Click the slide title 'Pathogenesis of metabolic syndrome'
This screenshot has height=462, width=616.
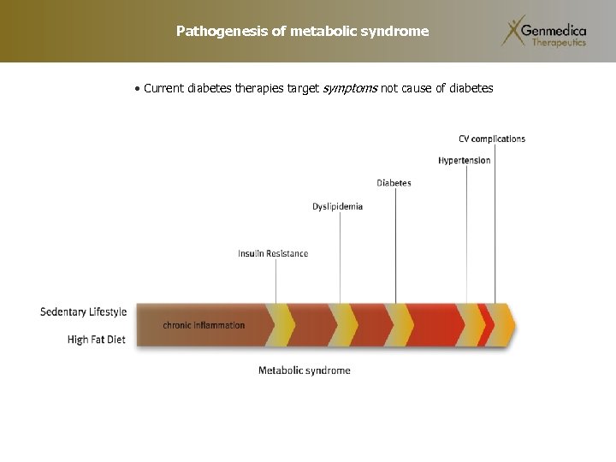click(302, 32)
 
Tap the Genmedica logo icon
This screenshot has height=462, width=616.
click(514, 31)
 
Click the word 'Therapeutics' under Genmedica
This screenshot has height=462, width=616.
click(559, 42)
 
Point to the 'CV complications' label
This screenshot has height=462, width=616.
click(492, 139)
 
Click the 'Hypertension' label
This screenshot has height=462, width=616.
click(465, 160)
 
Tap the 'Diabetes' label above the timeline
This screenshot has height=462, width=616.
click(394, 183)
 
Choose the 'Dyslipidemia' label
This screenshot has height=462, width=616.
click(337, 206)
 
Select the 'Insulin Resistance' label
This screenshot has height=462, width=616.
click(273, 253)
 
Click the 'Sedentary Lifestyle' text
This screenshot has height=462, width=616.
click(83, 311)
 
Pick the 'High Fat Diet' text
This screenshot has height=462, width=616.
click(96, 340)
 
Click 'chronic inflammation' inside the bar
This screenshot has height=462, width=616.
click(204, 325)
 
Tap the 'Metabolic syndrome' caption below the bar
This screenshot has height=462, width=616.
click(305, 370)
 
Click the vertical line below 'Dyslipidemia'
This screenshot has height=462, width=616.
click(340, 257)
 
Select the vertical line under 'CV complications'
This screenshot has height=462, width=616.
click(495, 222)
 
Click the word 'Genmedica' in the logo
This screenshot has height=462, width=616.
click(558, 29)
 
